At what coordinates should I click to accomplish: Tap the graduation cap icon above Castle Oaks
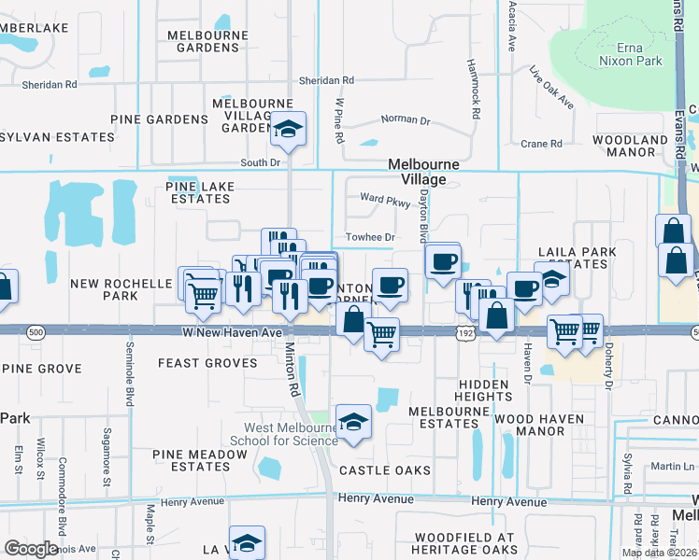point(353,423)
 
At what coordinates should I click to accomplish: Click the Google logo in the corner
point(31,549)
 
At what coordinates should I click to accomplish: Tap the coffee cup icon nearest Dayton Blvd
point(442,260)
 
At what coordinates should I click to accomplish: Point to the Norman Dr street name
point(406,120)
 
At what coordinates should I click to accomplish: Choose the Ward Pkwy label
point(386,198)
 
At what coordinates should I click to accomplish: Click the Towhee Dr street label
point(370,238)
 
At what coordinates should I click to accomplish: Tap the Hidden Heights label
point(483,390)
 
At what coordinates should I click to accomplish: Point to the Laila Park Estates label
point(573,259)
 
